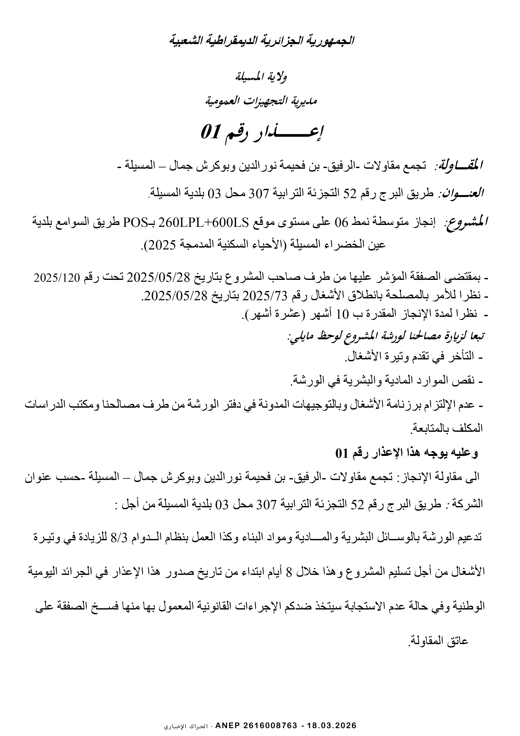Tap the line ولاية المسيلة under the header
pos(261,77)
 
